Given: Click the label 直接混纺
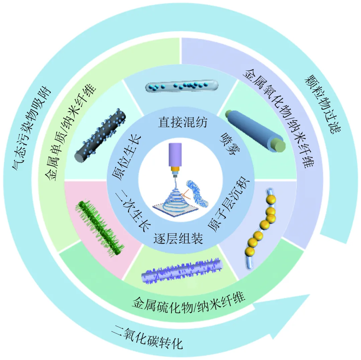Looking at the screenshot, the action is point(183,123).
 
